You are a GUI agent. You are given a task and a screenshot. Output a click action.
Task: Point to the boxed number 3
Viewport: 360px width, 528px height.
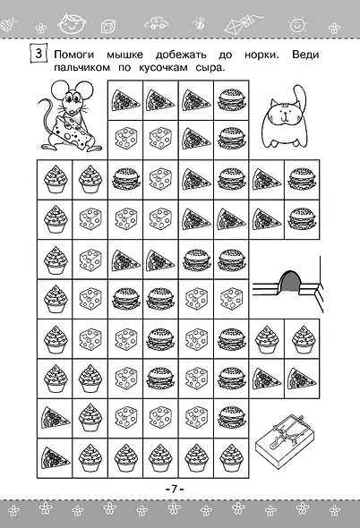click(39, 54)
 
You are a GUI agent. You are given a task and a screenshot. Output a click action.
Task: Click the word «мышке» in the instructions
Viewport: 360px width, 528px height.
click(125, 55)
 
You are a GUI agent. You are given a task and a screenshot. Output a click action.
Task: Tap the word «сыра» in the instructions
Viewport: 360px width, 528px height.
click(210, 68)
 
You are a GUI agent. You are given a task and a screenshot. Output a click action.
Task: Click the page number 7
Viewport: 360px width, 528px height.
click(175, 489)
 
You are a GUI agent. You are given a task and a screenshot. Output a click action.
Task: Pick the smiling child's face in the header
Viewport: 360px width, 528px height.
click(72, 24)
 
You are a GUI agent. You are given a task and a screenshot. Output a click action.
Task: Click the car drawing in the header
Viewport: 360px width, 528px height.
click(157, 22)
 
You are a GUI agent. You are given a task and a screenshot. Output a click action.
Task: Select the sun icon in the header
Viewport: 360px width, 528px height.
click(296, 24)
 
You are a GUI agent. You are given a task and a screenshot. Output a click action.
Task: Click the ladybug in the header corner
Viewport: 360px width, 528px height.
click(8, 24)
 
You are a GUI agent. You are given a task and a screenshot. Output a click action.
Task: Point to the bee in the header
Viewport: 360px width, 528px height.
click(199, 23)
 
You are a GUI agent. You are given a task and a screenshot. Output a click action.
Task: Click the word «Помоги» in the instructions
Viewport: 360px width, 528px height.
click(74, 55)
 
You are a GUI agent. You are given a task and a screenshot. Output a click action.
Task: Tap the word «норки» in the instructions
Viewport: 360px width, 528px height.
click(261, 55)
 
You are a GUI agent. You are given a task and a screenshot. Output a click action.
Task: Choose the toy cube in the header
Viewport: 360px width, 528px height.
click(108, 26)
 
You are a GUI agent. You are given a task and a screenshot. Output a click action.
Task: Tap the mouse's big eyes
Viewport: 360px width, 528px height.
click(72, 98)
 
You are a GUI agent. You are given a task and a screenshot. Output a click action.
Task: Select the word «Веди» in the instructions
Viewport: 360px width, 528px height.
click(305, 55)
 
